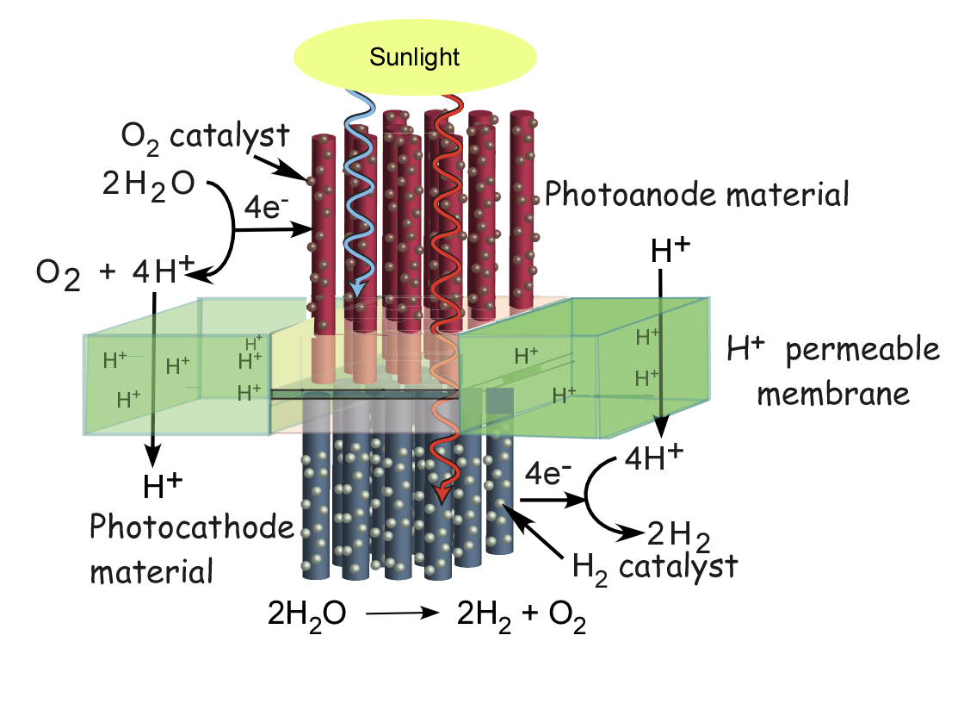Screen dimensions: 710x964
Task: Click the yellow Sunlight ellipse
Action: pyautogui.click(x=416, y=58)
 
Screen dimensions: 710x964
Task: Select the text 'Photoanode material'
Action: pyautogui.click(x=697, y=194)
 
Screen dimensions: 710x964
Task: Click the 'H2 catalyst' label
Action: pyautogui.click(x=655, y=566)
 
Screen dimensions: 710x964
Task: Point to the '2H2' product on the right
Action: pyautogui.click(x=678, y=537)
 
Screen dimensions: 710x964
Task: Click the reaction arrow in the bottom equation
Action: pyautogui.click(x=399, y=614)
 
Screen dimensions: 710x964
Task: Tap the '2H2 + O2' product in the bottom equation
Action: pyautogui.click(x=522, y=615)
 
